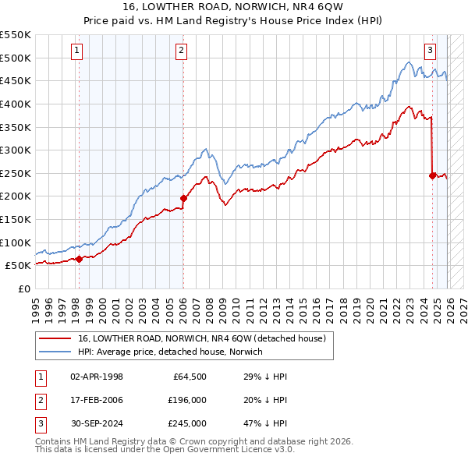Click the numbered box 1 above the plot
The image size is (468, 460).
(x=78, y=51)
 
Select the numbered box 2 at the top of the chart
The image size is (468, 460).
(x=181, y=51)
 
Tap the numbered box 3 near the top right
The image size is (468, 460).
(x=431, y=51)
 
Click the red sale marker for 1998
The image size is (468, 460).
(x=79, y=259)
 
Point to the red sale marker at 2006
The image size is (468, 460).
(x=183, y=198)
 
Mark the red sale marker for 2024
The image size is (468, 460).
(x=432, y=175)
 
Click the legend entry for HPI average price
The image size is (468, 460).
(x=170, y=352)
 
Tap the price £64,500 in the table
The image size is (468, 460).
(x=189, y=377)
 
